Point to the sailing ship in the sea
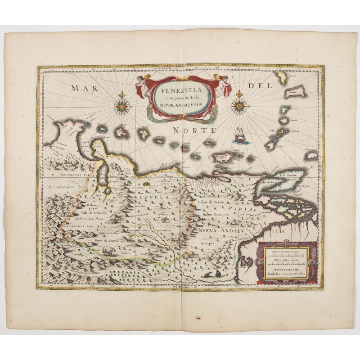point(241,135)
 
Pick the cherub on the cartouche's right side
point(223,84)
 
